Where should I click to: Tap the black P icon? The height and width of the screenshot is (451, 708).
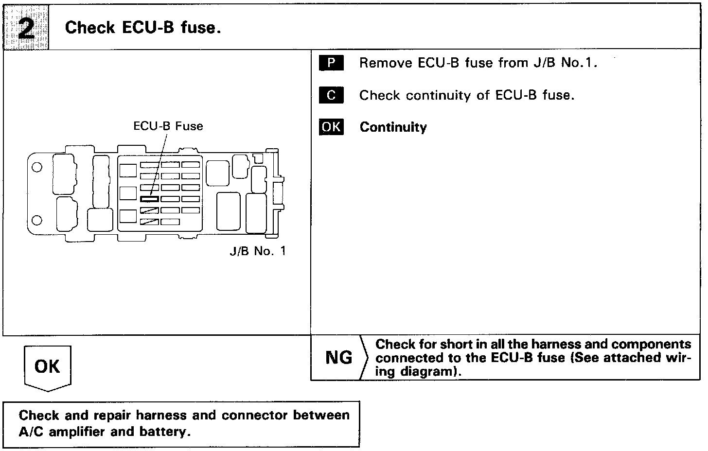point(331,63)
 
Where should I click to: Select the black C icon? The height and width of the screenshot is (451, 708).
point(331,95)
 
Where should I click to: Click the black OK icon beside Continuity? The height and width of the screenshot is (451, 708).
point(331,127)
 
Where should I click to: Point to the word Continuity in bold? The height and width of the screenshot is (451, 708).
point(393,127)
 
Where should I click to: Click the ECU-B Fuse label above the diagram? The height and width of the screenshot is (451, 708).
point(168,126)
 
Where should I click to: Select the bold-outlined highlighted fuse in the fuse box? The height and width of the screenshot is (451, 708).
point(149,199)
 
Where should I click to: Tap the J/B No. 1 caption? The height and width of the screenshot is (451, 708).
point(257,251)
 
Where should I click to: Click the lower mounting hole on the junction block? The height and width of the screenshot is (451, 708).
point(36,220)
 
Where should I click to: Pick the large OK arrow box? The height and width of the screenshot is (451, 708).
point(47,367)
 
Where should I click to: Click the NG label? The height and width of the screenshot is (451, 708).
point(338,358)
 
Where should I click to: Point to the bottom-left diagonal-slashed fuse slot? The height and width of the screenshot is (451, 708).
point(149,222)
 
